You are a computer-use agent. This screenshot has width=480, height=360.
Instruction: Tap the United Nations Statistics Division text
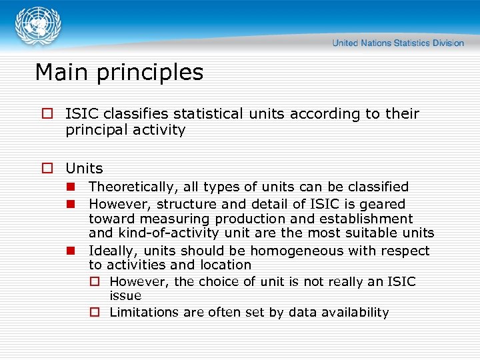tap(398, 43)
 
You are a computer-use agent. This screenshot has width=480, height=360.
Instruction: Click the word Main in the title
tap(61, 72)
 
